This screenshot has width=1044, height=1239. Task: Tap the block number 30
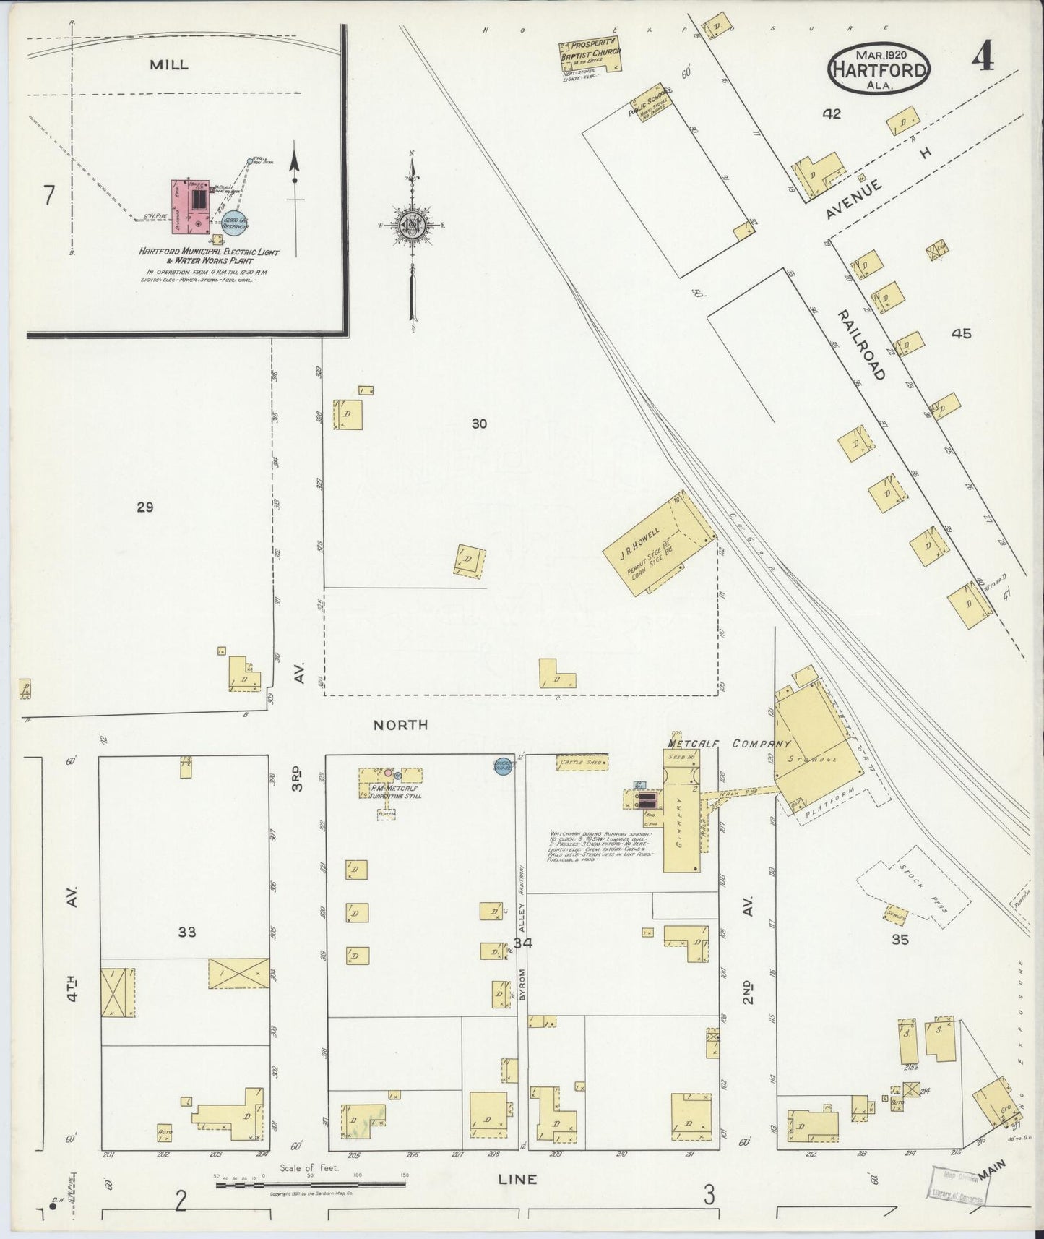479,424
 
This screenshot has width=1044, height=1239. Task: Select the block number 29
144,507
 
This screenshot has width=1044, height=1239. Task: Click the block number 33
187,933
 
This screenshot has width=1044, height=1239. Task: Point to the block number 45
962,334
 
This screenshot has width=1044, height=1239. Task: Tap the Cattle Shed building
582,762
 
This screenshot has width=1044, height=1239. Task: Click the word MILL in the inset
169,64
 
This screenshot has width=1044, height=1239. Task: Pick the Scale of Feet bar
311,1185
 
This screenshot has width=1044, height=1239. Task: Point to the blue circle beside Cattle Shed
504,766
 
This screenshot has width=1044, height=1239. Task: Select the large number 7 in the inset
48,196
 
